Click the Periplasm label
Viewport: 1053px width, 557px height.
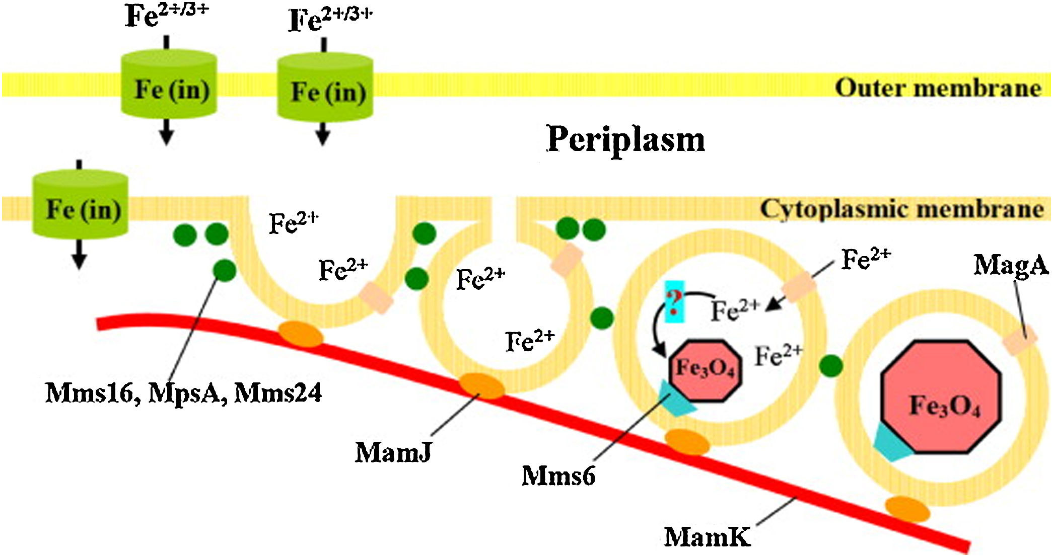coord(625,139)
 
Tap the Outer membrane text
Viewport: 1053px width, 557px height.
coord(938,89)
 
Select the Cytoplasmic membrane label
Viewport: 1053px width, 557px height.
coord(901,209)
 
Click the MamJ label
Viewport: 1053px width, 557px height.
coord(393,452)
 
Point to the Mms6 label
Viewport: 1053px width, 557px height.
coord(558,475)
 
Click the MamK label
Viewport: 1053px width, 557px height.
coord(707,536)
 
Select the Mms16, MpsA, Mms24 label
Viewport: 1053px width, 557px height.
coord(183,393)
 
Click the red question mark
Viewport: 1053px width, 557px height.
coord(674,301)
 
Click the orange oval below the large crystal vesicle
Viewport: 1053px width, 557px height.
coord(907,509)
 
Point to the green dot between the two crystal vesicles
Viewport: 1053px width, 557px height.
coord(831,366)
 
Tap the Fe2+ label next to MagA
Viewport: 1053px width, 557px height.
coord(866,260)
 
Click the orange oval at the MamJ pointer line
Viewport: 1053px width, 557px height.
coord(481,386)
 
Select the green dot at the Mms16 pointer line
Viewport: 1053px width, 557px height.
coord(225,271)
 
